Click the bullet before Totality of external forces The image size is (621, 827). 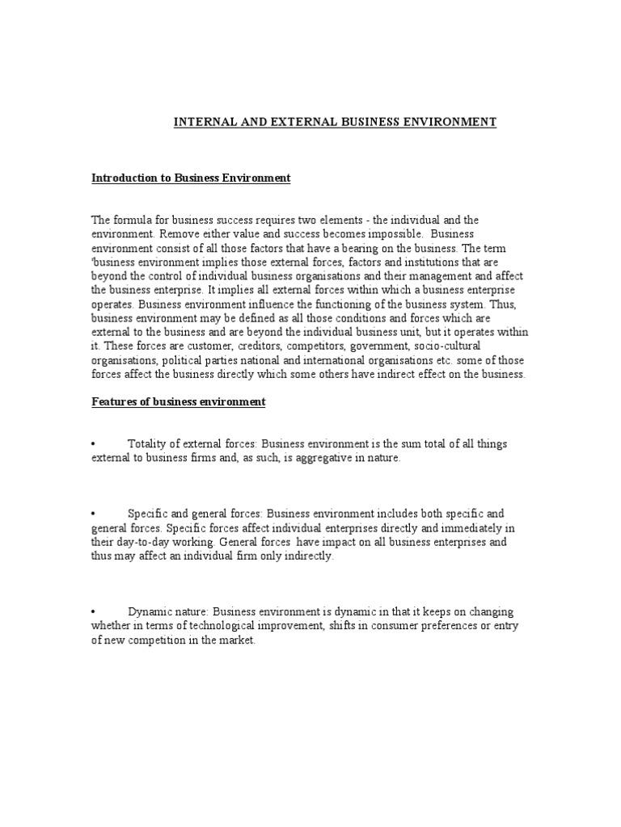[94, 444]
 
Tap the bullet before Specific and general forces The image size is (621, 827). [94, 514]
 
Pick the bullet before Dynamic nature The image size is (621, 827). [94, 611]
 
